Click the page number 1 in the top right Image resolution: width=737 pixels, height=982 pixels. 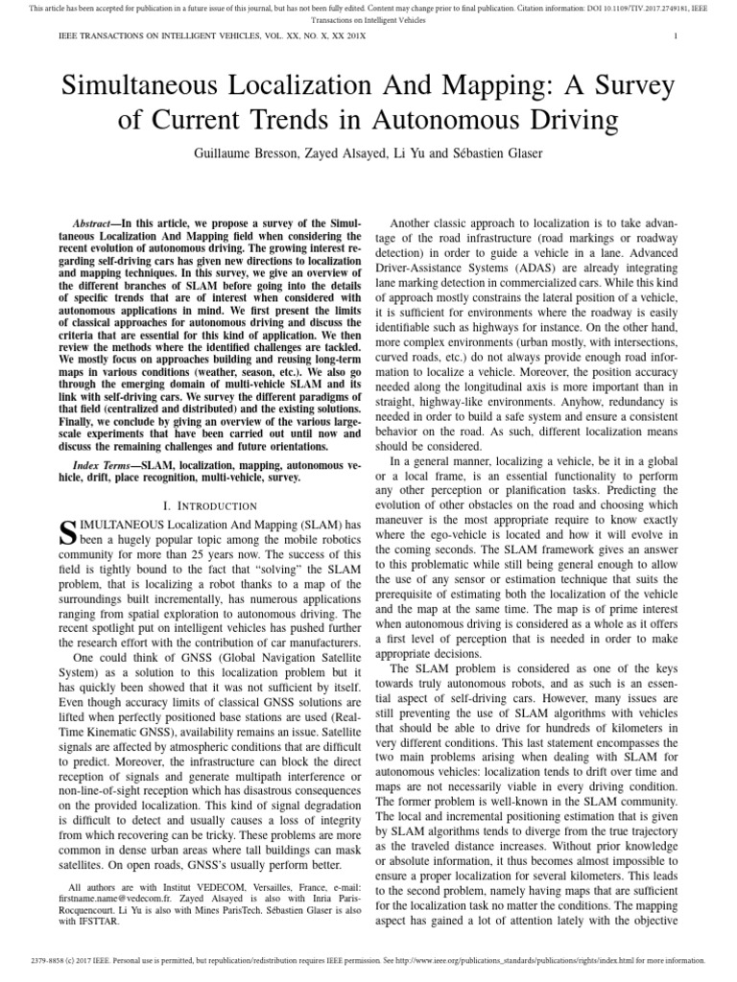[678, 37]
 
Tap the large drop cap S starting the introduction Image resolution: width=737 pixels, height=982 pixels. [67, 533]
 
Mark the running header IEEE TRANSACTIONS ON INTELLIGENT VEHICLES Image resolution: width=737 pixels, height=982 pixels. [158, 37]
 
